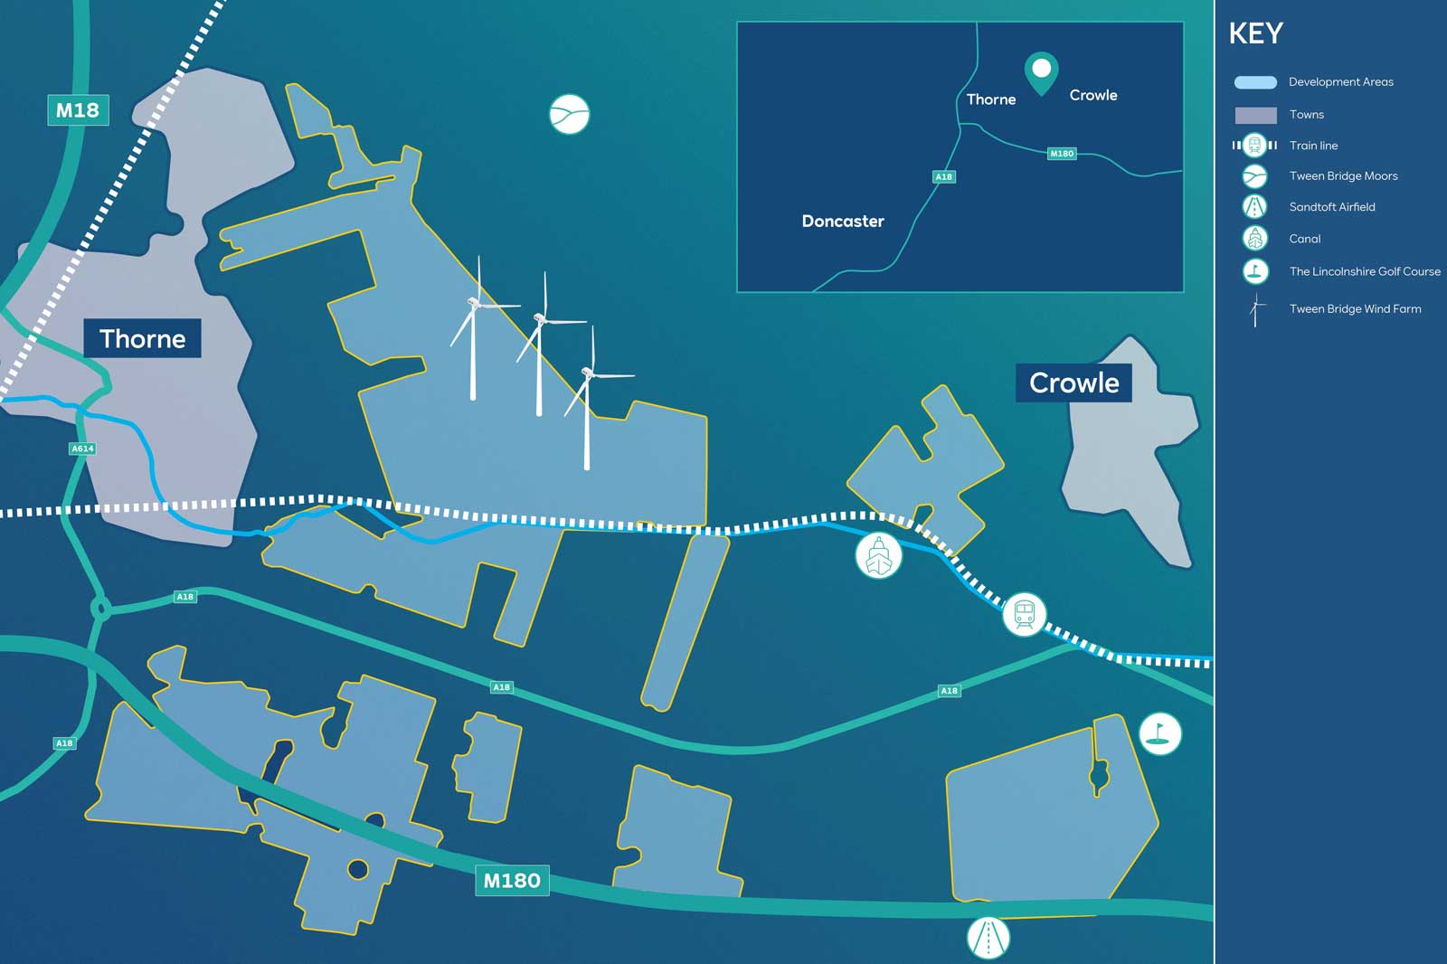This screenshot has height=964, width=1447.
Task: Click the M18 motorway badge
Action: (x=78, y=110)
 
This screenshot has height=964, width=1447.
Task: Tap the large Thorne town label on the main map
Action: (x=142, y=338)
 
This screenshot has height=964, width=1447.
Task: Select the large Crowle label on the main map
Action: (x=1073, y=383)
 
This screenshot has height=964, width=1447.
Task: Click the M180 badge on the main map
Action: (x=512, y=880)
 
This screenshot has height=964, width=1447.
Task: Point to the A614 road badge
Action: (x=82, y=449)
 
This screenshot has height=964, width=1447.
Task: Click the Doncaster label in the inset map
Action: (x=842, y=221)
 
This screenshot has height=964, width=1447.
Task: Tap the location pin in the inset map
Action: (x=1041, y=71)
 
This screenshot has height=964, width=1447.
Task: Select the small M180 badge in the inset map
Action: (x=1062, y=154)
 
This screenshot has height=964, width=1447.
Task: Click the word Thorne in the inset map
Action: (x=990, y=99)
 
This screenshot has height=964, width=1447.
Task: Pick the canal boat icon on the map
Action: (x=878, y=555)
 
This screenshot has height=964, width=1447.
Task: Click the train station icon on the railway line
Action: (x=1024, y=615)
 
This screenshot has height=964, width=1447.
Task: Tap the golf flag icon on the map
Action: (x=1159, y=732)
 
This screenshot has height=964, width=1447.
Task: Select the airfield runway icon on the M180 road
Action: (x=988, y=939)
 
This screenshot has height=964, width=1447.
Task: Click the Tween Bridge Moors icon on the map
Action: (x=570, y=114)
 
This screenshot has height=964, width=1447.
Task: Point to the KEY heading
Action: (x=1255, y=34)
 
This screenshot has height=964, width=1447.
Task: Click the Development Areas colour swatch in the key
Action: (x=1255, y=82)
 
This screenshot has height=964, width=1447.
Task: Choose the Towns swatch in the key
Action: (x=1255, y=115)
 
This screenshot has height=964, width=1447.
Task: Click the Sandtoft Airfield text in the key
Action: (x=1331, y=207)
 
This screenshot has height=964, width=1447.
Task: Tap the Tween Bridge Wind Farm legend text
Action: (x=1355, y=309)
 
